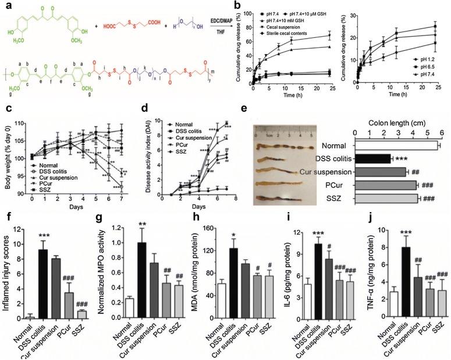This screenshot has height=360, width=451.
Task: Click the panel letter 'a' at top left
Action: click(x=5, y=5)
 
